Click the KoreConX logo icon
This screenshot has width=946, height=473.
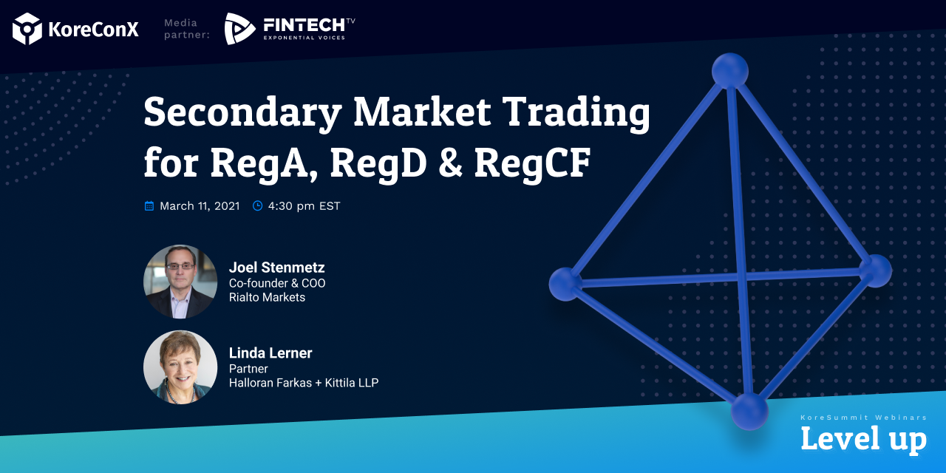27,29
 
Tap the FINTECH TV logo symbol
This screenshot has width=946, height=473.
239,29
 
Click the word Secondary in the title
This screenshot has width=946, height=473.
242,113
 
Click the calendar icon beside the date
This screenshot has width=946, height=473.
149,206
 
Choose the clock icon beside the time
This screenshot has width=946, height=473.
258,206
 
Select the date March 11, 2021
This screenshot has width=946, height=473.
200,206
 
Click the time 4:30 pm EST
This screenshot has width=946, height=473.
304,206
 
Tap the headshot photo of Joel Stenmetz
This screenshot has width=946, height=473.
180,282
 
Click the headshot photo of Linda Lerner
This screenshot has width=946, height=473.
180,367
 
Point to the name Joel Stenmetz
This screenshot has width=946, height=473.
276,268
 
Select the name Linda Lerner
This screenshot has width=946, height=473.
270,353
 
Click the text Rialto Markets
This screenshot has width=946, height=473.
267,298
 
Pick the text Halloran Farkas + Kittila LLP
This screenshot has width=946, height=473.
303,383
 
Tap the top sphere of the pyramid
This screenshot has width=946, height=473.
730,71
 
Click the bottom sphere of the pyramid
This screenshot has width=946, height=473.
749,410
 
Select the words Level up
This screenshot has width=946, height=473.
863,440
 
